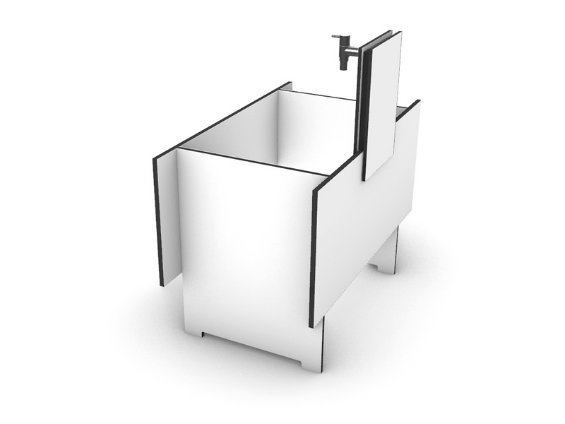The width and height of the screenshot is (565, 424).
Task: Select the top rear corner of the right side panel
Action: (418, 102)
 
